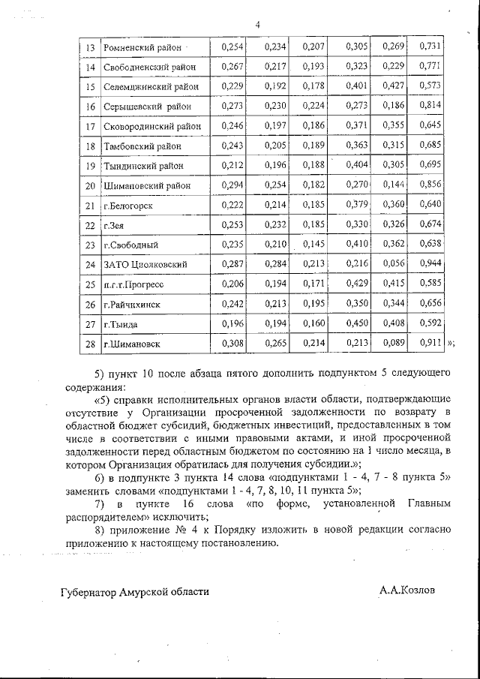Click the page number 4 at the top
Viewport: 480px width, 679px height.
click(x=257, y=25)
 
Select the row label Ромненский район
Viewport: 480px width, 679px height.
click(x=142, y=48)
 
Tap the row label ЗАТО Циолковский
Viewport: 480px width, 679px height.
click(x=146, y=265)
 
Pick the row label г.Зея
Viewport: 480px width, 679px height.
click(x=114, y=226)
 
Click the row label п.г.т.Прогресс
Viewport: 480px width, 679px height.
click(x=136, y=285)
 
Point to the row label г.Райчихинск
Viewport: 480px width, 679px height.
click(x=133, y=305)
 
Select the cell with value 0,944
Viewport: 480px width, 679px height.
click(x=430, y=265)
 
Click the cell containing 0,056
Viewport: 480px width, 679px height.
click(x=393, y=265)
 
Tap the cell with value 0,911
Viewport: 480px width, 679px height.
click(x=430, y=344)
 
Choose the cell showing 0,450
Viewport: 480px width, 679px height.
click(x=356, y=324)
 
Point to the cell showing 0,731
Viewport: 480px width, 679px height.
click(x=430, y=47)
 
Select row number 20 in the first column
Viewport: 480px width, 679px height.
click(x=90, y=186)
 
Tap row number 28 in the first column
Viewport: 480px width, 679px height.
click(x=90, y=344)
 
